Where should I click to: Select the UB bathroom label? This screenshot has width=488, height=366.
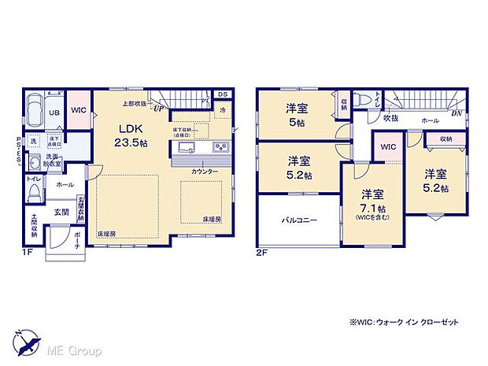coord(54,113)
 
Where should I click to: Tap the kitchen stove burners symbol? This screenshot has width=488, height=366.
coord(220,148)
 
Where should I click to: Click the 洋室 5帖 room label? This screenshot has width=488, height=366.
coord(297,115)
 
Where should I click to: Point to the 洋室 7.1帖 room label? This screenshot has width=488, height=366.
coord(372,202)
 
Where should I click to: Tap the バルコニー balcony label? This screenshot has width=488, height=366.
coord(299,221)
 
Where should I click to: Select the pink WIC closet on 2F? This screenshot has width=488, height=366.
coord(388,147)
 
